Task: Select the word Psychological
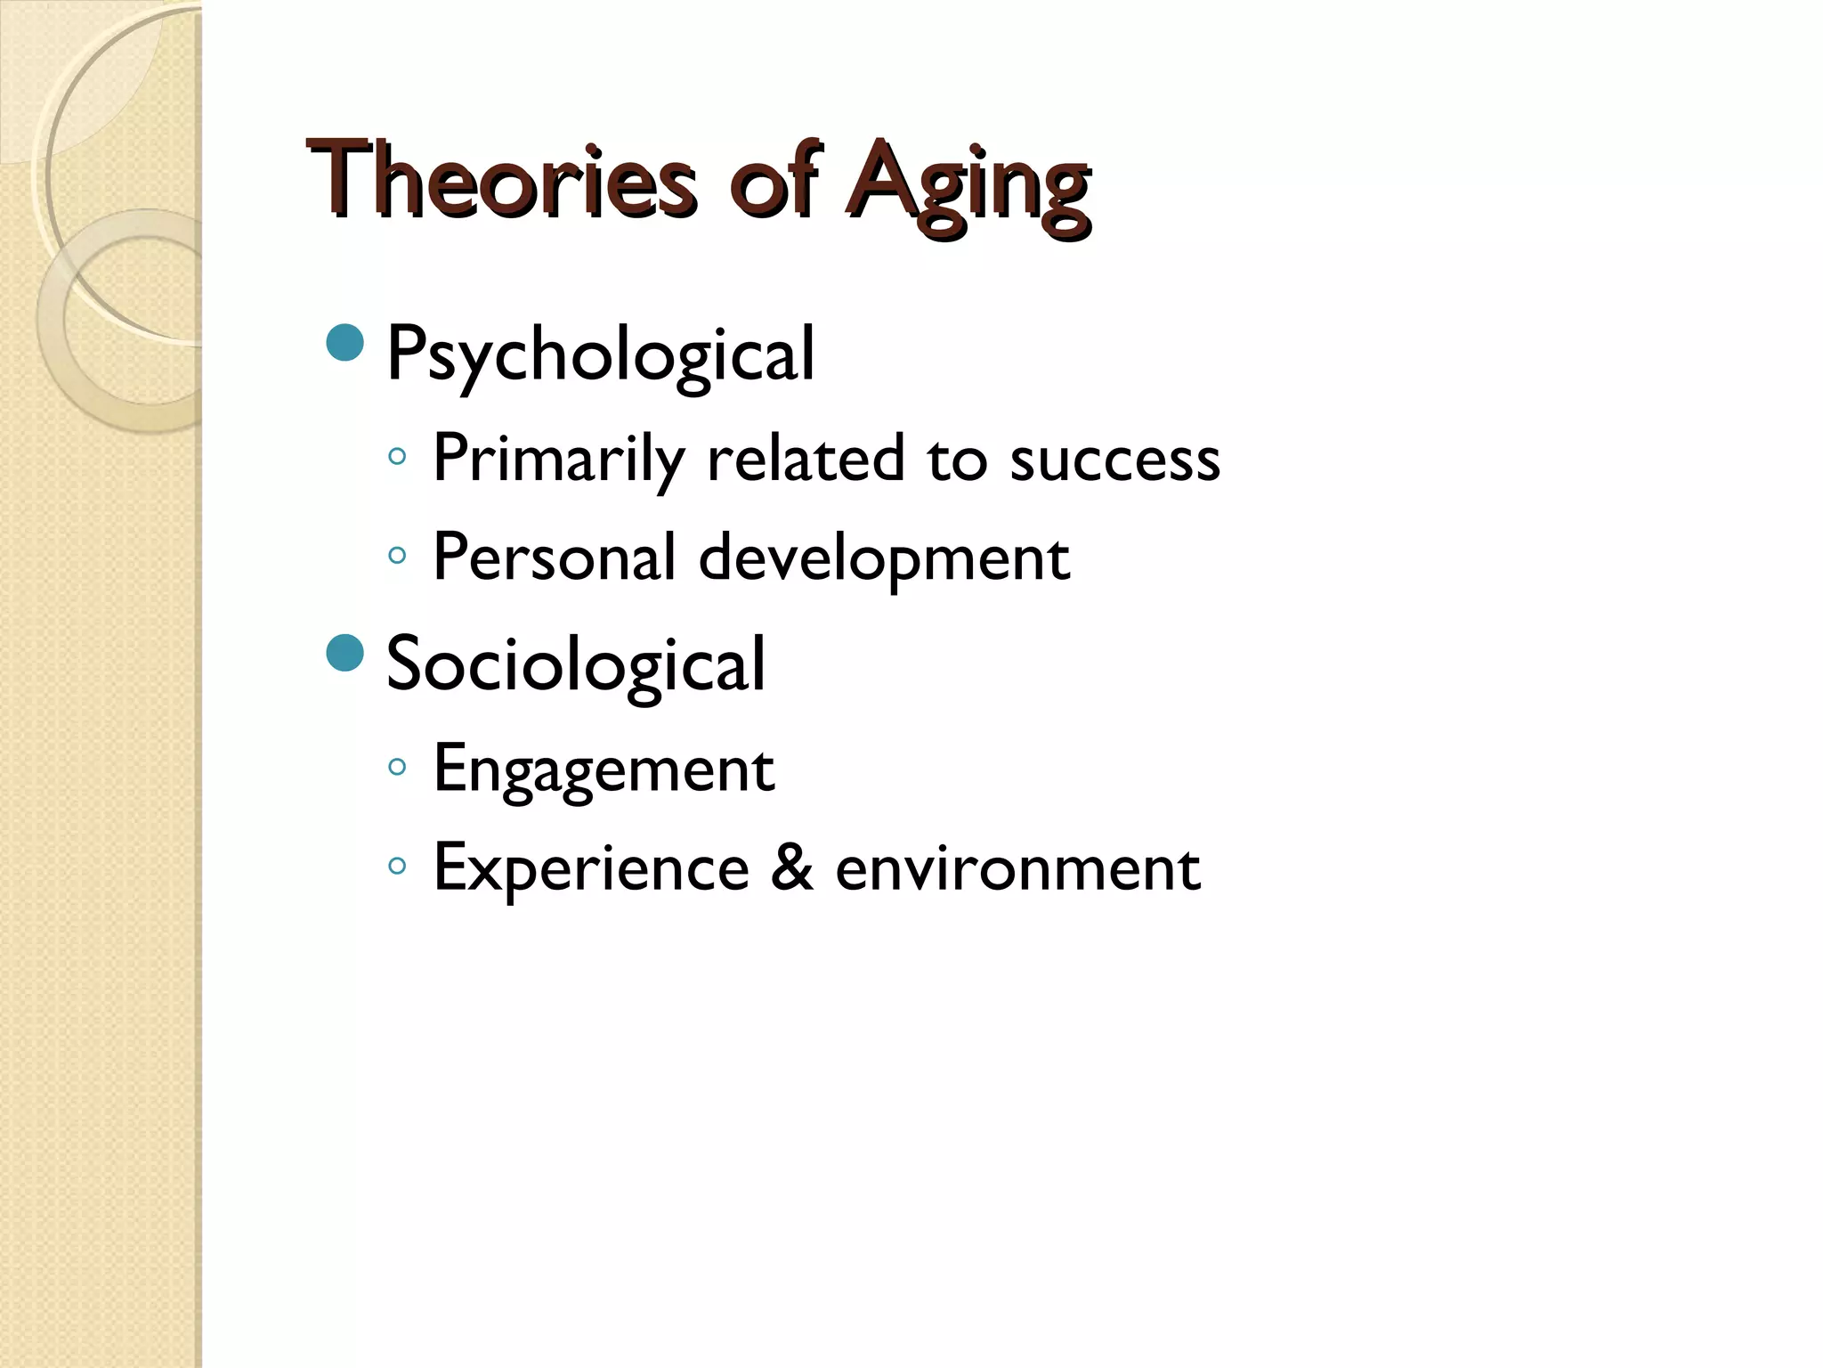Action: coord(601,355)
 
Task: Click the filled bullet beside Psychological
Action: coord(345,343)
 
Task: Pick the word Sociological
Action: coord(576,664)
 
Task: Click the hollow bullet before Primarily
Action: coord(397,458)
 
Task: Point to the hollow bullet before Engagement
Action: coord(397,766)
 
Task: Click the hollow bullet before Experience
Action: coord(397,865)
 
